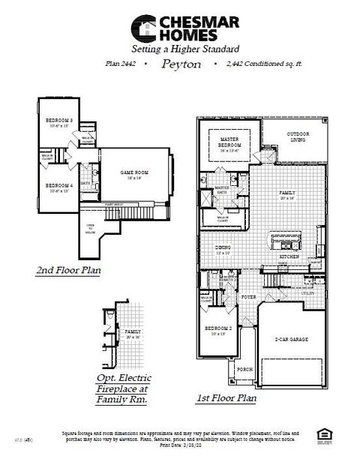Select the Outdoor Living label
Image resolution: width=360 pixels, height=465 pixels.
(x=298, y=136)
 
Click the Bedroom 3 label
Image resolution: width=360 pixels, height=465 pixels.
(x=58, y=121)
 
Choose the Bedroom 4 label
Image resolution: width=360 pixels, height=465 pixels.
(x=58, y=185)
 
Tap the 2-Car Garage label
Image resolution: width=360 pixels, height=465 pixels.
(x=292, y=340)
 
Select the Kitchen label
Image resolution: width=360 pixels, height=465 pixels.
(x=289, y=256)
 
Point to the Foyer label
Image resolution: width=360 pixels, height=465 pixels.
(x=248, y=297)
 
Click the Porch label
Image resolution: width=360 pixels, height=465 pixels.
(x=244, y=369)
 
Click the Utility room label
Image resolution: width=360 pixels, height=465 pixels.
(x=308, y=293)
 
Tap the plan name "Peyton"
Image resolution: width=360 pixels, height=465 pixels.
(x=181, y=64)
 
